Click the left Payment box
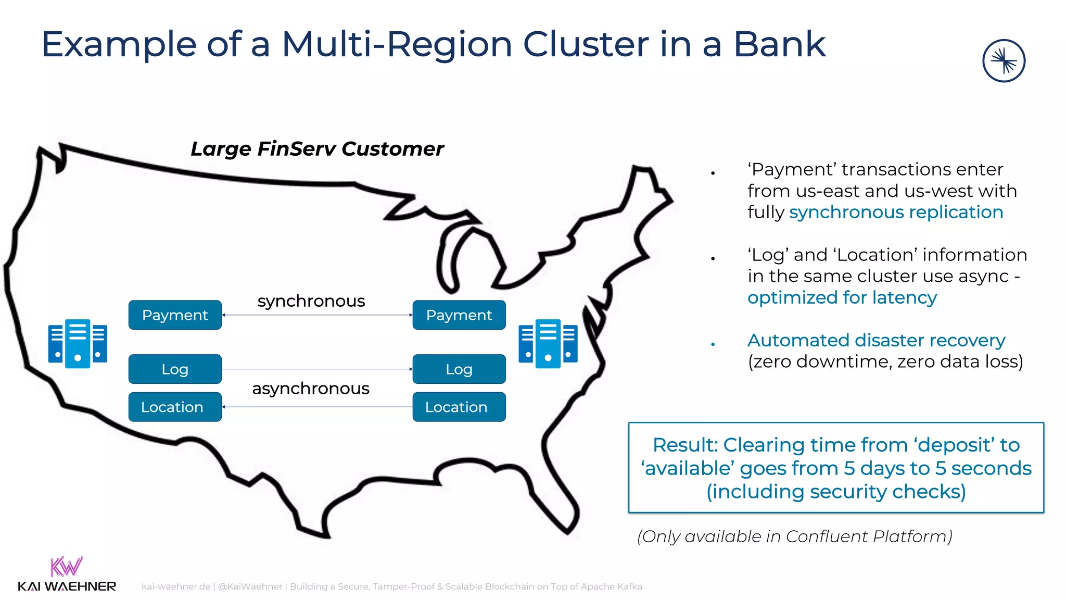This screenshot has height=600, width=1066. tap(175, 315)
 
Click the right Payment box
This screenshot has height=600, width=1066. tap(459, 315)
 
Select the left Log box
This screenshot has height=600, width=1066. tap(175, 369)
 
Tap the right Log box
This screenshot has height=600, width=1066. tap(459, 369)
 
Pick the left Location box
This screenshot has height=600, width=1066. tap(175, 407)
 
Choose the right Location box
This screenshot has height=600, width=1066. tap(459, 407)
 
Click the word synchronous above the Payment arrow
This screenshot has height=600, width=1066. tap(311, 301)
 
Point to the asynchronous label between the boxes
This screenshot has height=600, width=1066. tap(311, 389)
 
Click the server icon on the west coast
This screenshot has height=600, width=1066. tap(78, 344)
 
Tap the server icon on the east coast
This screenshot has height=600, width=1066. tap(548, 344)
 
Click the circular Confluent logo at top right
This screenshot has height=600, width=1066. tap(1004, 61)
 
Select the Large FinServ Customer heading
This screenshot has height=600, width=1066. tap(317, 149)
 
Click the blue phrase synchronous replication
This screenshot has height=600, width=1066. tap(896, 213)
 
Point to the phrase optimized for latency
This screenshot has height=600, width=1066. tap(842, 298)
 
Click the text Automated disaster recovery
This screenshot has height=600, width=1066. tap(876, 341)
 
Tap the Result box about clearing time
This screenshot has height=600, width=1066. tap(836, 468)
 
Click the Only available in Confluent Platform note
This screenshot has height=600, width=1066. tap(795, 536)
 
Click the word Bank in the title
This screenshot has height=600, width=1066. tap(779, 45)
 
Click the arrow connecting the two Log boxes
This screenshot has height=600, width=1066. tap(317, 369)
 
